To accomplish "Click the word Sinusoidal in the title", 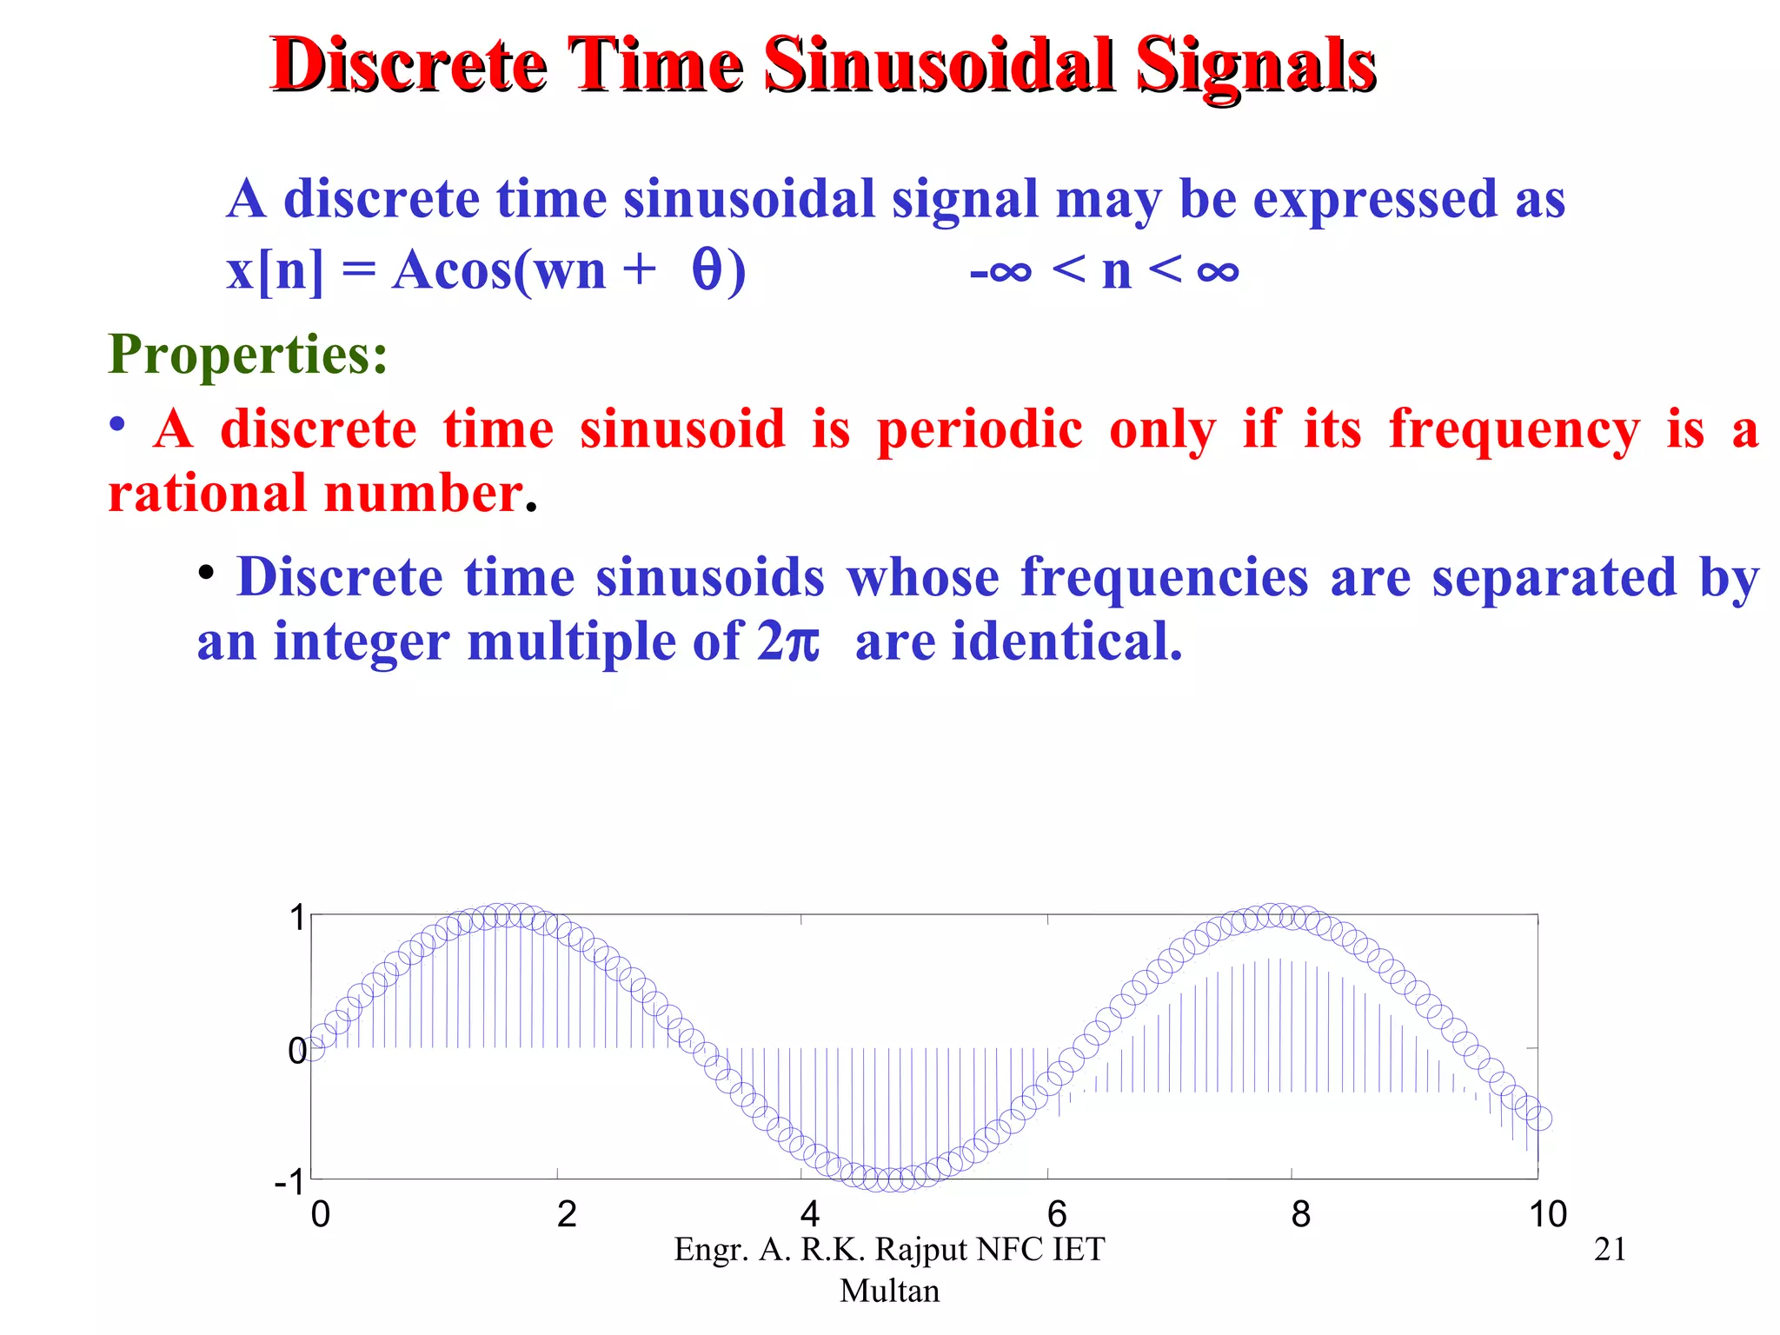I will pyautogui.click(x=940, y=65).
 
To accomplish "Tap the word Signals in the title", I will pyautogui.click(x=1256, y=65).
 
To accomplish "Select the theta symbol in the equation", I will pyautogui.click(x=707, y=269).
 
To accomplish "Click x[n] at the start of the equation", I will pyautogui.click(x=275, y=270).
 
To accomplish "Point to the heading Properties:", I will pyautogui.click(x=248, y=354).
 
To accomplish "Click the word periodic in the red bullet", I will pyautogui.click(x=980, y=430).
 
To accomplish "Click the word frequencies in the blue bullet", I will pyautogui.click(x=1164, y=577).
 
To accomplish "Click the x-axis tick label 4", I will pyautogui.click(x=810, y=1213).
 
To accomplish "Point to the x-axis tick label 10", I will pyautogui.click(x=1547, y=1213).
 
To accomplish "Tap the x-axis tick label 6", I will pyautogui.click(x=1056, y=1213).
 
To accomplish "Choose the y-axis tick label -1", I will pyautogui.click(x=290, y=1183).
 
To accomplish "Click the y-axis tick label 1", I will pyautogui.click(x=297, y=918).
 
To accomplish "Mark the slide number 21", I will pyautogui.click(x=1610, y=1249).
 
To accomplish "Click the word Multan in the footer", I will pyautogui.click(x=889, y=1291).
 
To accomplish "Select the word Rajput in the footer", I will pyautogui.click(x=920, y=1250).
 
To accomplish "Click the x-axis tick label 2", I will pyautogui.click(x=567, y=1213).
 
